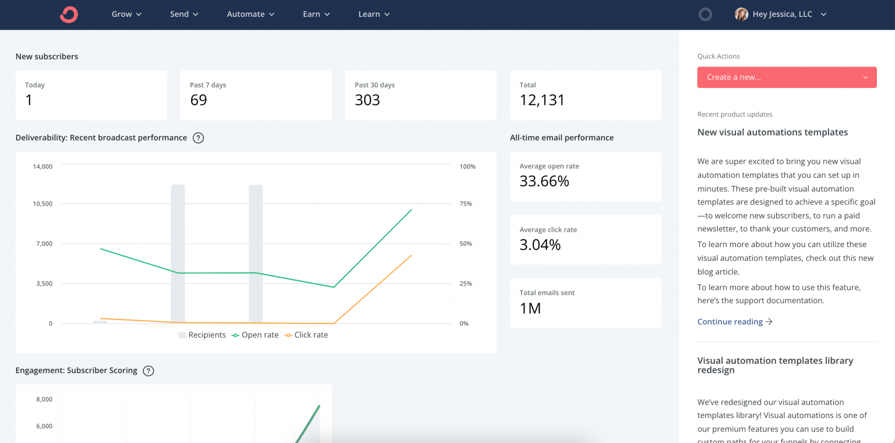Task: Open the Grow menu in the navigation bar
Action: (126, 14)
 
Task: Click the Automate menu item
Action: (251, 14)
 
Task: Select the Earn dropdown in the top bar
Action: (316, 14)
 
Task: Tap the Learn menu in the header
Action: (374, 14)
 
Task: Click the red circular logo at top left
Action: (69, 14)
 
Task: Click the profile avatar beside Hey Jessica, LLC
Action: (741, 14)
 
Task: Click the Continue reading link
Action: (734, 322)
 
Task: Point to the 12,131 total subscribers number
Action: (542, 100)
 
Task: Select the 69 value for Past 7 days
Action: (199, 100)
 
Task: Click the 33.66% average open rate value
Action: (544, 181)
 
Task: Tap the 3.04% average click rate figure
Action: (540, 245)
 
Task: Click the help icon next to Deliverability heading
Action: (198, 138)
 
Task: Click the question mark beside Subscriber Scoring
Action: (149, 371)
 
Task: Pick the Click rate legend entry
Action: (306, 335)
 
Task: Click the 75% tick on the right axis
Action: (466, 203)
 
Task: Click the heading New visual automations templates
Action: (773, 132)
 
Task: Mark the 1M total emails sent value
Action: (530, 308)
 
